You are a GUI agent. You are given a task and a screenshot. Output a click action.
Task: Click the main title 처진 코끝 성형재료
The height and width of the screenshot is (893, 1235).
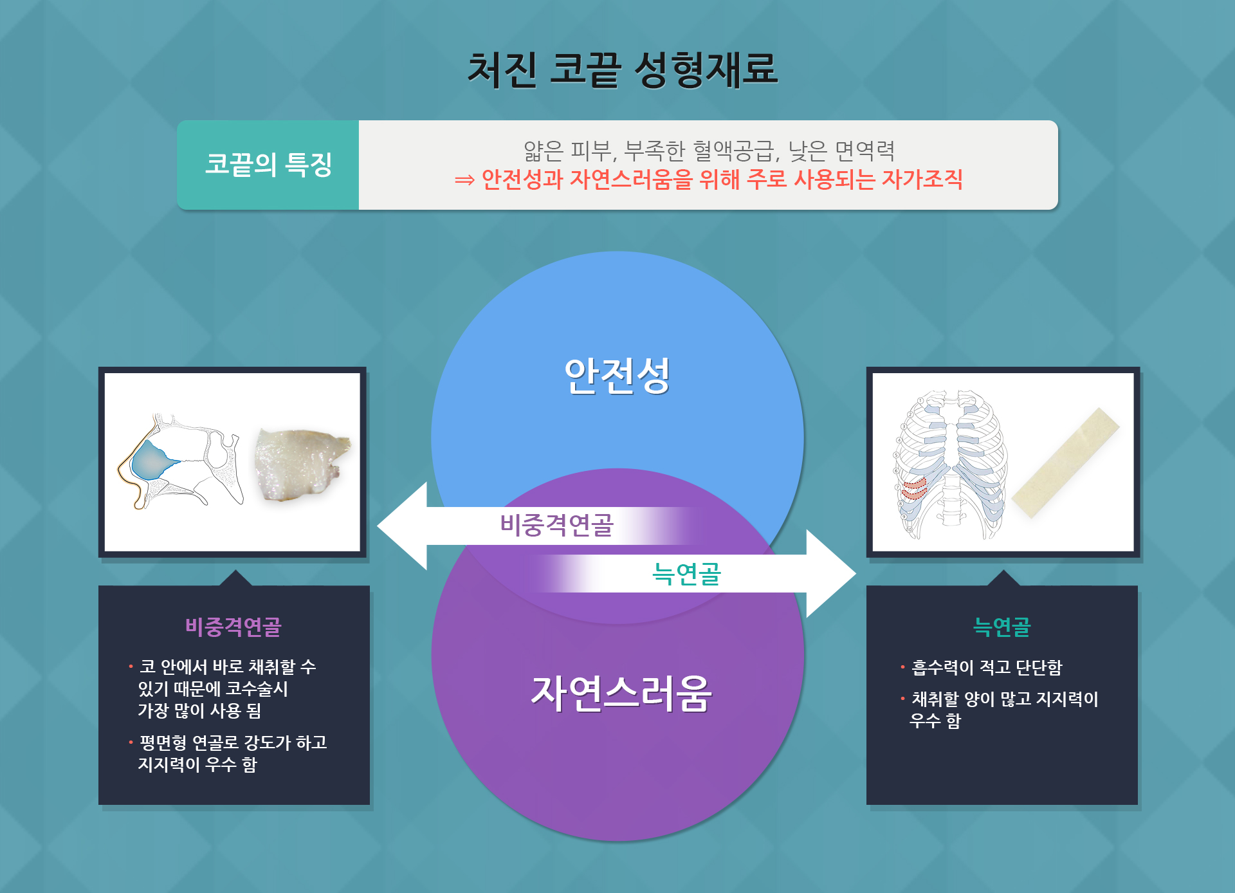click(622, 69)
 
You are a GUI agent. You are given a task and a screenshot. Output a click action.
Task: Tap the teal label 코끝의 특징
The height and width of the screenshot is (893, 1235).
click(268, 165)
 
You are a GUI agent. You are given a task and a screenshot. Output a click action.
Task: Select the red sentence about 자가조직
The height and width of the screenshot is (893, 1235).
click(708, 179)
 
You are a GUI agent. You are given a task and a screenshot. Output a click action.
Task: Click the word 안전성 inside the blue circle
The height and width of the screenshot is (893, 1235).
click(617, 375)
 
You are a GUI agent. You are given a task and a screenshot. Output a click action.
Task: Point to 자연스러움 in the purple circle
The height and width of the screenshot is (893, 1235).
click(621, 693)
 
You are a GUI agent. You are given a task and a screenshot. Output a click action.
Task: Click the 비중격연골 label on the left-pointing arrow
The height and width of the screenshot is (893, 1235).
click(557, 525)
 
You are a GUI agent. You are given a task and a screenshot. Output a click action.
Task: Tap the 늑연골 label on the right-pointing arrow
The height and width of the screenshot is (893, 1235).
click(686, 573)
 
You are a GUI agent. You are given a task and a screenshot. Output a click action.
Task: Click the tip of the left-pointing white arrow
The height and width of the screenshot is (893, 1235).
click(378, 526)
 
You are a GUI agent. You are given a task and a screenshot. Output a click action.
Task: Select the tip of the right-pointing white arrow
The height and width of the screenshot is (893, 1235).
click(856, 573)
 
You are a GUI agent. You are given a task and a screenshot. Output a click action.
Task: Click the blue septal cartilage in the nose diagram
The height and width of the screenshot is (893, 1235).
click(149, 461)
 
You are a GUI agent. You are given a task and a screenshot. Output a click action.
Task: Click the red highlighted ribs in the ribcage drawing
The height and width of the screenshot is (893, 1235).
click(914, 488)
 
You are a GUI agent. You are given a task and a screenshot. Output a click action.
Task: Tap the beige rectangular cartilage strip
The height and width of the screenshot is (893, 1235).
click(1066, 463)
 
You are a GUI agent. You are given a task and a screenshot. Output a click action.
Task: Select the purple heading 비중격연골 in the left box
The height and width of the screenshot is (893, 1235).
click(233, 627)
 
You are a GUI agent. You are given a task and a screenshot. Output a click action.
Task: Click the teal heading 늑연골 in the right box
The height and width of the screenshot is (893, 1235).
click(1002, 627)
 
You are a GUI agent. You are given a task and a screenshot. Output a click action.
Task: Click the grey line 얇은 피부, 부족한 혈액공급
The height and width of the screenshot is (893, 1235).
click(709, 151)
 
